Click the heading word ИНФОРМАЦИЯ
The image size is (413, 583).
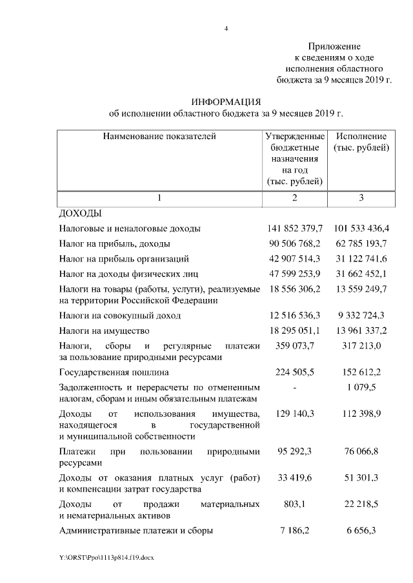tap(226, 102)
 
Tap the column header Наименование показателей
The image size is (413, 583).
tap(159, 137)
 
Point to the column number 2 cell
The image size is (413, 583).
tap(294, 198)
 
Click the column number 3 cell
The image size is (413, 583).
tap(361, 198)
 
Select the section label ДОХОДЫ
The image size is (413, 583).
tap(81, 213)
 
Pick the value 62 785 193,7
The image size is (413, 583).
tap(361, 244)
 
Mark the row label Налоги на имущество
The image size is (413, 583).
tap(99, 330)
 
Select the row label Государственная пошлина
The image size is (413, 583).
tap(114, 372)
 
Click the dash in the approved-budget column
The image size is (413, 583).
tap(294, 388)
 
